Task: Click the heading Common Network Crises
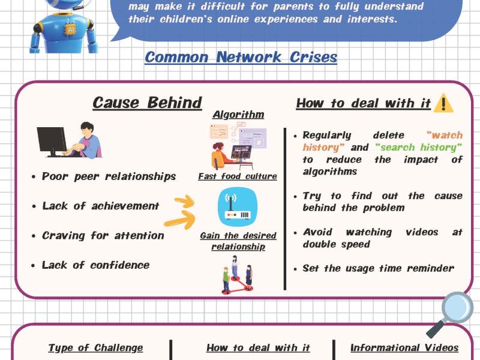coord(241,58)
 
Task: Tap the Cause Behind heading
coord(147,103)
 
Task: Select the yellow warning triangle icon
coord(443,103)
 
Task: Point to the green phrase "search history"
coord(418,147)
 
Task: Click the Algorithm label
coord(238,115)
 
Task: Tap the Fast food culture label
coord(238,176)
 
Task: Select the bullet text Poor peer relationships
coord(109,176)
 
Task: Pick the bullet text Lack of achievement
coord(101,206)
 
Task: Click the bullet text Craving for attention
coord(103,235)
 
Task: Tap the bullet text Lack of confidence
coord(95,265)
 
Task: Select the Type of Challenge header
coord(95,348)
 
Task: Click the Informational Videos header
coord(404,348)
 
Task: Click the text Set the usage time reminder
coord(378,268)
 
